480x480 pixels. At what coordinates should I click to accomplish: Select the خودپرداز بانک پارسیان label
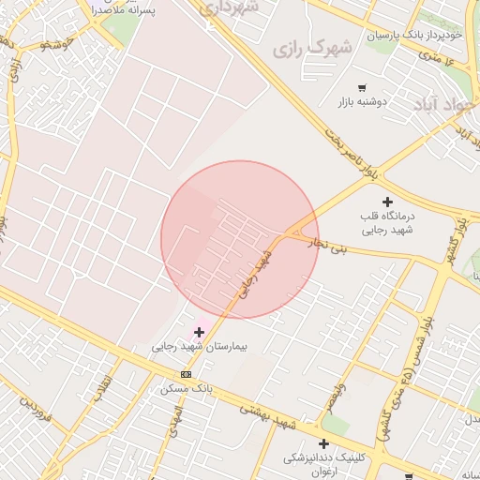pyautogui.click(x=415, y=35)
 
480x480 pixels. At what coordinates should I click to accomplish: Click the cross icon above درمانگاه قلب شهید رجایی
pyautogui.click(x=387, y=202)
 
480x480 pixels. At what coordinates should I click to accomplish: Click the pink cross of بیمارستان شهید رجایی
pyautogui.click(x=199, y=332)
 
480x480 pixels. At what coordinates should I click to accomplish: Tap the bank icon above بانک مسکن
pyautogui.click(x=186, y=373)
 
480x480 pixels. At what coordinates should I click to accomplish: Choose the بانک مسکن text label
pyautogui.click(x=187, y=386)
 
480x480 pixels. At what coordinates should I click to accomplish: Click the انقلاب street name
pyautogui.click(x=102, y=388)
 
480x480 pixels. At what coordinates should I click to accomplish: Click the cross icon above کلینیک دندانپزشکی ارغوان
pyautogui.click(x=323, y=443)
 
